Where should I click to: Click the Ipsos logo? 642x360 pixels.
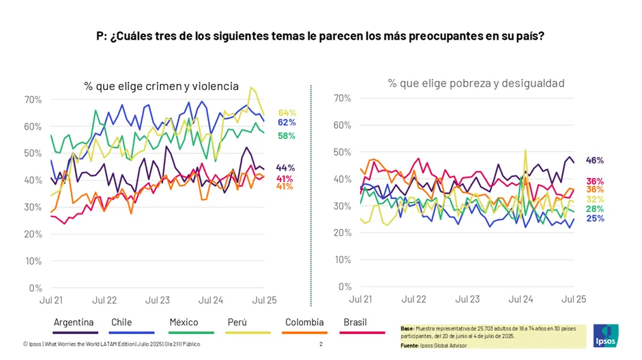[x=606, y=335]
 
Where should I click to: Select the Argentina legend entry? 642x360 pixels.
[x=74, y=322]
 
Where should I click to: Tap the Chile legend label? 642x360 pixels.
[x=121, y=322]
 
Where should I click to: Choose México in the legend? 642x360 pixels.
[x=184, y=322]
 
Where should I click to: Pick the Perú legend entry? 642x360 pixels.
[x=237, y=322]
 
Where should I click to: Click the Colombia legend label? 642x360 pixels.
[x=304, y=322]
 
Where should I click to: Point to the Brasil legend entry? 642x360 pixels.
[x=355, y=322]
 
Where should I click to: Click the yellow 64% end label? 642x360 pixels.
[x=287, y=113]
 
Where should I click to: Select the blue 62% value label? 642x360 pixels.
[x=287, y=122]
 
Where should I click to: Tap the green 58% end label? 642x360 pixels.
[x=287, y=136]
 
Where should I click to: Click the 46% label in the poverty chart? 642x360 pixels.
[x=595, y=160]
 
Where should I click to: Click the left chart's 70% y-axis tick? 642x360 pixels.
[x=33, y=100]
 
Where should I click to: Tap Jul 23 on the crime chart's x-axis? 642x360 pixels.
[x=158, y=300]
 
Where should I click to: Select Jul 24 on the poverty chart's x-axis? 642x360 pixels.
[x=521, y=299]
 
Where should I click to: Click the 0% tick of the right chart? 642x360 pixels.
[x=345, y=287]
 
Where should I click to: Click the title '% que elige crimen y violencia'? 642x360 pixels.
[x=161, y=86]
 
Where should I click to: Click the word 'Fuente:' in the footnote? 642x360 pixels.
[x=410, y=346]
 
